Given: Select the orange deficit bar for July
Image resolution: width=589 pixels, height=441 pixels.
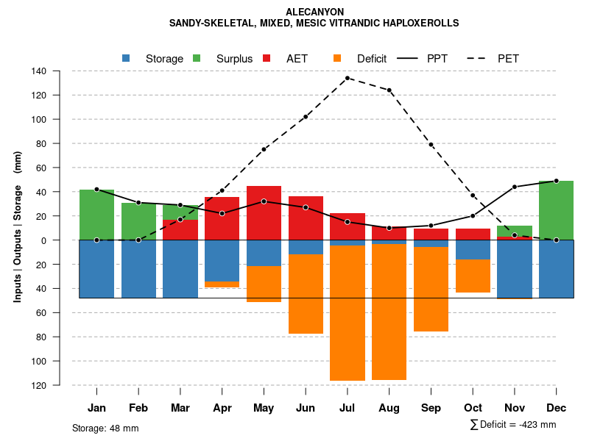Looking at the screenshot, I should click(348, 313).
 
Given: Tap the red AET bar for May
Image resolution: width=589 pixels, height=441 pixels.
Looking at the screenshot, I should click(264, 213).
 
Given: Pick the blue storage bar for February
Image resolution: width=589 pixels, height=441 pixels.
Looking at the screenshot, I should click(138, 269).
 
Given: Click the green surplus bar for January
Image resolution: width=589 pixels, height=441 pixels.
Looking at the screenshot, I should click(96, 215).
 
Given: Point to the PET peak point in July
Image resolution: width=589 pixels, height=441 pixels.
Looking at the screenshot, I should click(347, 78).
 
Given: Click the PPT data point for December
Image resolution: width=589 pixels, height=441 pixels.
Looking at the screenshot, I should click(556, 181).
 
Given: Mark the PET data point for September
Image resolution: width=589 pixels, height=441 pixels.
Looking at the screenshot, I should click(431, 145).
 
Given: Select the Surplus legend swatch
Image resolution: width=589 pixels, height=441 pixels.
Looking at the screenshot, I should click(197, 58).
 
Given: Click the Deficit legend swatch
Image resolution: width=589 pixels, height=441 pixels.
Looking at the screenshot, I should click(337, 58).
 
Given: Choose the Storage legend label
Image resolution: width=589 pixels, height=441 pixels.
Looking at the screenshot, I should click(164, 59).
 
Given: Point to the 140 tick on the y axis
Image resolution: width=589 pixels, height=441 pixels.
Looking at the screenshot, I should click(39, 71).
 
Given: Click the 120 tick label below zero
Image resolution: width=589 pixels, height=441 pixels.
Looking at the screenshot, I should click(39, 385).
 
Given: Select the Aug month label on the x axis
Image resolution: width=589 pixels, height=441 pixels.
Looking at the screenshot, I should click(389, 408).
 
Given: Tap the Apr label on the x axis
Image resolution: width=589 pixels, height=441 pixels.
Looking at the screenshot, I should click(222, 408).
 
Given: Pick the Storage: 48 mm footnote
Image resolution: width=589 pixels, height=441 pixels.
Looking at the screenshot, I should click(105, 428).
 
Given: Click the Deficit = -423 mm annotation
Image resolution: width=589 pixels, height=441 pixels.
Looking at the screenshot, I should click(513, 425).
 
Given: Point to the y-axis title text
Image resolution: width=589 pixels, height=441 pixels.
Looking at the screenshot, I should click(18, 228).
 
